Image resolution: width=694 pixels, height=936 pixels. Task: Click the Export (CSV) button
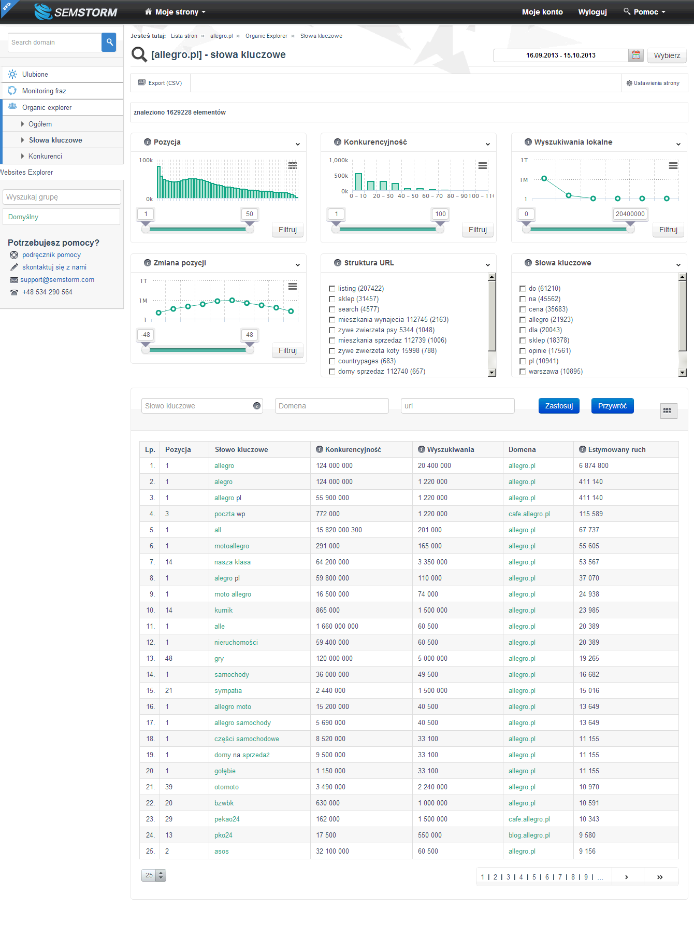tap(160, 83)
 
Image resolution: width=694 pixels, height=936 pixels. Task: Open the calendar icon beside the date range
tap(636, 55)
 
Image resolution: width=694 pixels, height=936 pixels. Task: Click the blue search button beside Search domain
tap(109, 42)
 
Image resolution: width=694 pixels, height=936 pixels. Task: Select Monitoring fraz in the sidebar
tap(44, 91)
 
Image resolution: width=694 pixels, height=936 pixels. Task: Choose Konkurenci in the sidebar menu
tap(45, 157)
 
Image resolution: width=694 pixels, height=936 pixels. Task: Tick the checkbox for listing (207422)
tap(332, 289)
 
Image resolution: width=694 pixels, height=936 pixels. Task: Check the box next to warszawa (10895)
tap(523, 372)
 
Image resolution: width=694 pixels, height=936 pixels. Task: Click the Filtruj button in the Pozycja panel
tap(287, 230)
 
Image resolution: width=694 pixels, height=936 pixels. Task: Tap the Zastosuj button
tap(559, 406)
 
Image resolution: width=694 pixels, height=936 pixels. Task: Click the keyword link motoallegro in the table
tap(232, 546)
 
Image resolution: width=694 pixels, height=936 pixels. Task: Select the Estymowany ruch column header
tap(617, 450)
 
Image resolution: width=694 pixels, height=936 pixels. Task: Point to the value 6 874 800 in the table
tap(594, 466)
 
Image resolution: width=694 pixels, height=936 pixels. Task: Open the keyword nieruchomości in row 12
tap(236, 643)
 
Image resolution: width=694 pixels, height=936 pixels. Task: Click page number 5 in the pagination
tap(534, 877)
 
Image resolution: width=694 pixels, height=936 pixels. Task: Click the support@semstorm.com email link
tap(57, 280)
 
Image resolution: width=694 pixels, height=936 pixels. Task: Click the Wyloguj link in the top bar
tap(592, 12)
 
